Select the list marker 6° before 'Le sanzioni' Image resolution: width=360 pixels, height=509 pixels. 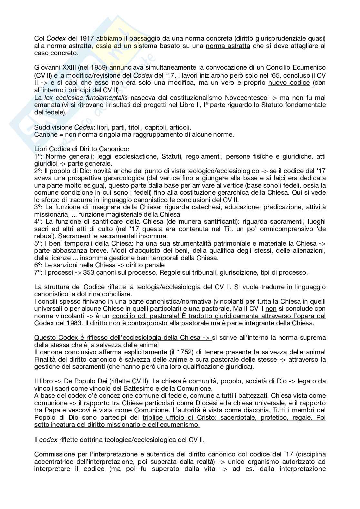pyautogui.click(x=38, y=265)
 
